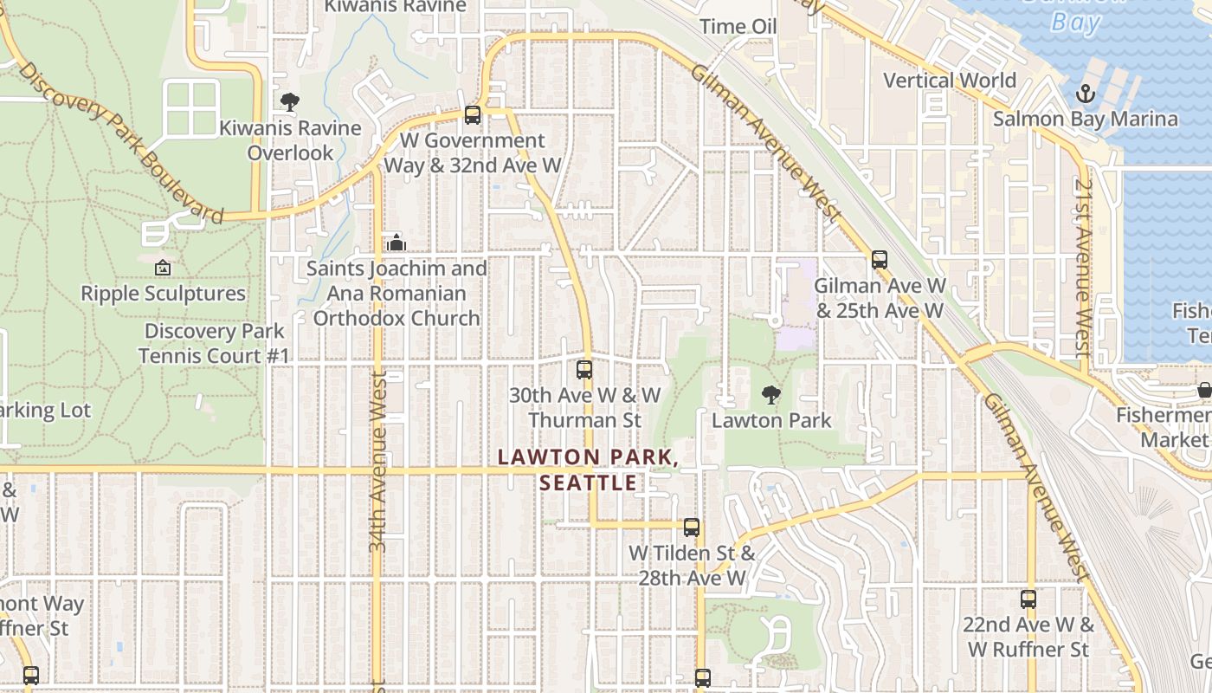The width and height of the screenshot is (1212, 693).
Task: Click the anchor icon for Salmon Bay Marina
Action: click(1085, 94)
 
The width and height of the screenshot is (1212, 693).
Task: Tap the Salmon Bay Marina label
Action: click(1085, 119)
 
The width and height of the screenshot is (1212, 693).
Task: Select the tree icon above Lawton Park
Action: click(770, 396)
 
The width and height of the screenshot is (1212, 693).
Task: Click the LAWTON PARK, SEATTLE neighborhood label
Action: click(584, 470)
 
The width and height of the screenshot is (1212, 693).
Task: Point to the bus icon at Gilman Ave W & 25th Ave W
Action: click(880, 259)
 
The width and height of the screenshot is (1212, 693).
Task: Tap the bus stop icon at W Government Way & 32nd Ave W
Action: click(472, 114)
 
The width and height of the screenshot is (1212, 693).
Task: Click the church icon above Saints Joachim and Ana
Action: click(396, 243)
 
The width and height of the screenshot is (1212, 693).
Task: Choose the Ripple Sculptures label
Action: click(164, 294)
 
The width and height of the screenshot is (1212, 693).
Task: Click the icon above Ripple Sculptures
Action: click(162, 269)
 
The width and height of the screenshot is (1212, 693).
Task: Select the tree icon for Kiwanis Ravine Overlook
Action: click(289, 102)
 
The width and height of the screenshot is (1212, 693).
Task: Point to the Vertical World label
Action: click(950, 81)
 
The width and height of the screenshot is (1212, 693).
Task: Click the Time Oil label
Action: click(738, 26)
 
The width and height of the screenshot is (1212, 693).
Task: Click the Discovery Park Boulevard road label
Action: click(121, 143)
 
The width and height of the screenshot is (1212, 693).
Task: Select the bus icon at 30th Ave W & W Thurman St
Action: click(584, 370)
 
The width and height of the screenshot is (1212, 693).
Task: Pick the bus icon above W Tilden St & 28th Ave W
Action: click(691, 527)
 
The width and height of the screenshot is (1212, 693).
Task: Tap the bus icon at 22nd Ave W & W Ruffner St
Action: click(1028, 599)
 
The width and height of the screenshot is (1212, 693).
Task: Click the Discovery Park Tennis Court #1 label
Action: click(214, 343)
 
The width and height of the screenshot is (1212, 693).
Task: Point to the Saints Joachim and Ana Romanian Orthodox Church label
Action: click(396, 294)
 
